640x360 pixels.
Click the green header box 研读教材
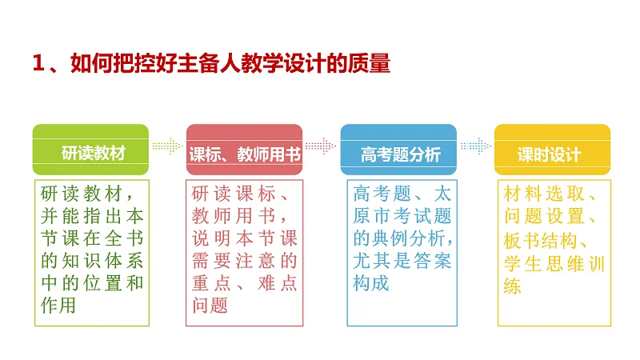[90, 150]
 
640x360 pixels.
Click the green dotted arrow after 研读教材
[166, 146]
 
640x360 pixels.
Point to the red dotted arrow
[320, 146]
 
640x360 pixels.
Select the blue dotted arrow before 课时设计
[474, 146]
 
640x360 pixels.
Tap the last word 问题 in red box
[210, 305]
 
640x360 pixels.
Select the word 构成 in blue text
[371, 282]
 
